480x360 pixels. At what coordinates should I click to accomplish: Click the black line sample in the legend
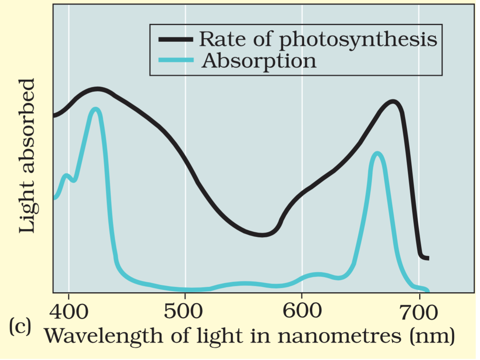pos(176,39)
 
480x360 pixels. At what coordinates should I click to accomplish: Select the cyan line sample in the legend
pos(176,60)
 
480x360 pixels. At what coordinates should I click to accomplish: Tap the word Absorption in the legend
pos(259,60)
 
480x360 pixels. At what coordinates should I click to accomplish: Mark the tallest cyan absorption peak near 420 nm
pos(95,109)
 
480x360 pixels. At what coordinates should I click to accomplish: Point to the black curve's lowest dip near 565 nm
pos(262,234)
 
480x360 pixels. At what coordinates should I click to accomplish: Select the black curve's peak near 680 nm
pos(393,102)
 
